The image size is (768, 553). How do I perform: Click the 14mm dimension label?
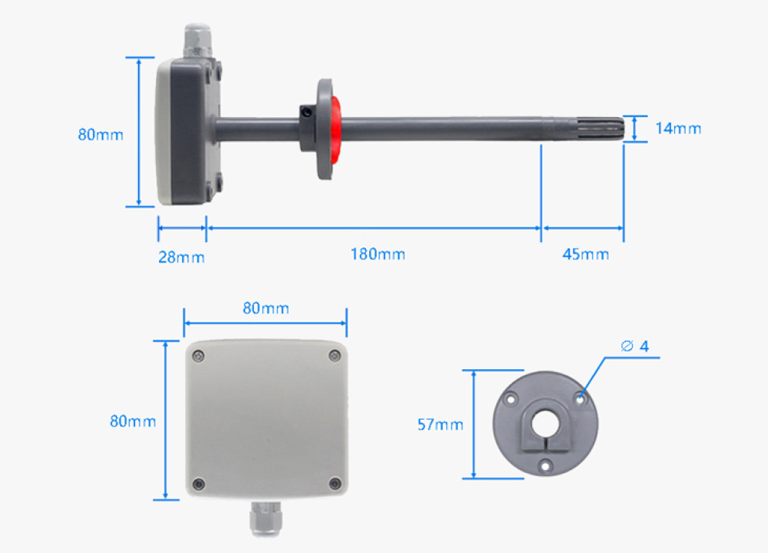coord(678,129)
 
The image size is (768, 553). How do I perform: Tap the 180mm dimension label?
coord(378,254)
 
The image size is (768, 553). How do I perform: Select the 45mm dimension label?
coord(585,254)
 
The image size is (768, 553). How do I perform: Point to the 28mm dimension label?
coord(182,257)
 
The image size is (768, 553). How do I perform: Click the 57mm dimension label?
coord(441,425)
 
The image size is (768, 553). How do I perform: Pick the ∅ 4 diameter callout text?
coord(635,346)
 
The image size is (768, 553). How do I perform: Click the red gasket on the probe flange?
coord(336,130)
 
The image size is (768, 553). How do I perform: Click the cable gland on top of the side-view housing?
coord(197,40)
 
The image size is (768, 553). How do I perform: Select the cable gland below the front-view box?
coord(265,518)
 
